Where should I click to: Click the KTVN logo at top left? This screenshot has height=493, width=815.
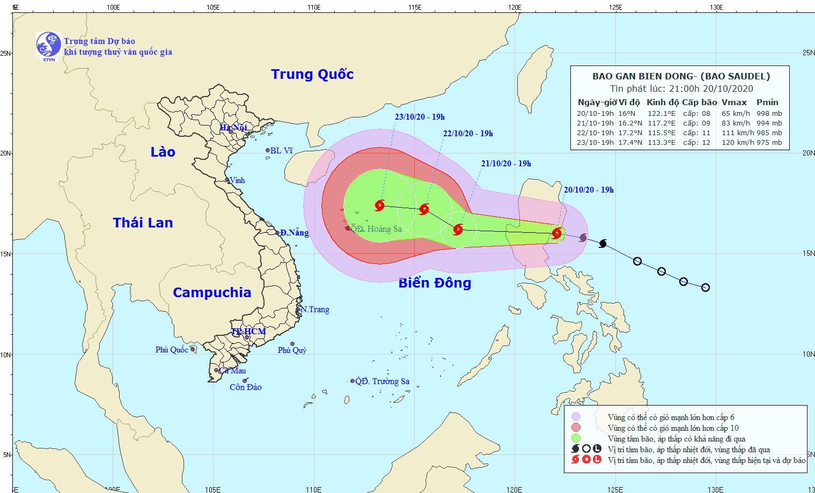coord(48,45)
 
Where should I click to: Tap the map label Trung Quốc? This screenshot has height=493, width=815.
coord(312,74)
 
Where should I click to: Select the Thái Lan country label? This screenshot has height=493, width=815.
coord(143,223)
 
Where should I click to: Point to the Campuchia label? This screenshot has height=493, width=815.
coord(212,292)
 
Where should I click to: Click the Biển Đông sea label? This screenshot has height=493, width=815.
coord(435,283)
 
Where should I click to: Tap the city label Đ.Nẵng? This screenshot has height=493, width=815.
coord(294,233)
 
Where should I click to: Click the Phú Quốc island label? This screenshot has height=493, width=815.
coord(172,350)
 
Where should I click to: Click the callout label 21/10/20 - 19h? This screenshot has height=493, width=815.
coord(506,164)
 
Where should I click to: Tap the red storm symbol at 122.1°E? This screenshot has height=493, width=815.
coord(557,233)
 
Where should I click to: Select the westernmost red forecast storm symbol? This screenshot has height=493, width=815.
coord(380,205)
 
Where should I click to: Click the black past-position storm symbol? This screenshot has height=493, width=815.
coord(603,244)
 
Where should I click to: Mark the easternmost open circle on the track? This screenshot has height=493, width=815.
coord(706,288)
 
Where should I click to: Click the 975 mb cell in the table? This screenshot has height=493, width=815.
coord(769,143)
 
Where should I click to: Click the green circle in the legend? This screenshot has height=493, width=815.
coord(576,438)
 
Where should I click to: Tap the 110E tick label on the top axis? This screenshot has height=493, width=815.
coord(313,8)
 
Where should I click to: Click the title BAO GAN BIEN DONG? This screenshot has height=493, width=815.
coord(642,76)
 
